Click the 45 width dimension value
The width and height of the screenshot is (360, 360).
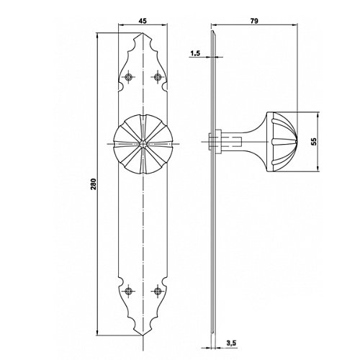click(143, 21)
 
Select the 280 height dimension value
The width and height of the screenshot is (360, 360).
click(93, 184)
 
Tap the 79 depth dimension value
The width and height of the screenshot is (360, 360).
click(254, 21)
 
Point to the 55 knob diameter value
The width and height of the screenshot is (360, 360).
click(314, 141)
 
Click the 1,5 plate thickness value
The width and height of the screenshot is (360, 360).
click(195, 53)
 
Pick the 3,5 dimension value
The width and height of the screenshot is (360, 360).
click(231, 343)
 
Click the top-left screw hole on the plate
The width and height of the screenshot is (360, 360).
click(129, 77)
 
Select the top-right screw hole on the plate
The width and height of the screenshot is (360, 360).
click(158, 77)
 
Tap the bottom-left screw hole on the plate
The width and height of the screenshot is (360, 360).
click(129, 291)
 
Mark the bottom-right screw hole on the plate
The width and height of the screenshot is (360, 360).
click(158, 291)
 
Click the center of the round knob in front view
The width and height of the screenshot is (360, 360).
click(143, 144)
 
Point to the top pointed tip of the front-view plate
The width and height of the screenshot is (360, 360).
click(143, 33)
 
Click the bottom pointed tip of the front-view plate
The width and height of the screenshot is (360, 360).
click(143, 336)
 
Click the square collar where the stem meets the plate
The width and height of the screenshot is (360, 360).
click(215, 142)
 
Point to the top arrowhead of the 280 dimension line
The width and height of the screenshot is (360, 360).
click(97, 35)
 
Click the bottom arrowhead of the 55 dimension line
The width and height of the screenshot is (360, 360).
click(318, 169)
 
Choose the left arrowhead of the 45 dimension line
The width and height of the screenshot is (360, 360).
click(121, 24)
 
